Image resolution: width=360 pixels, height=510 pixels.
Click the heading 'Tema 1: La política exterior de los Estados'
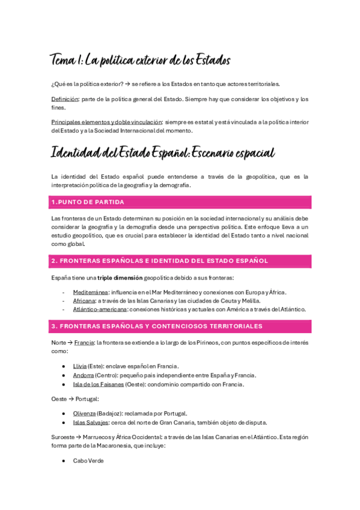tap(139, 60)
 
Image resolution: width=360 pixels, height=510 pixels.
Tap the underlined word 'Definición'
tap(65, 99)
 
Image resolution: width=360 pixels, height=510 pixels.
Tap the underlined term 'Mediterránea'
tap(91, 292)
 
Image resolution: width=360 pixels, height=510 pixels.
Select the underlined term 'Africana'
tap(84, 301)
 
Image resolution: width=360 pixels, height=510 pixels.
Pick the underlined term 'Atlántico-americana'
tap(100, 309)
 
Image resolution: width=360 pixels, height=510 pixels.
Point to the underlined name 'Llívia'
tap(80, 366)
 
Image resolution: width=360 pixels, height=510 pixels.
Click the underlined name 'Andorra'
tap(84, 375)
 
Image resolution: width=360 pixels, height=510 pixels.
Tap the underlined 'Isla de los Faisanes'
tap(99, 384)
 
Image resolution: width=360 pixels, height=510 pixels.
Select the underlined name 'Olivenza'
tap(84, 413)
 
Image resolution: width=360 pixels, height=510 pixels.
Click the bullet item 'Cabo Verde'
tap(88, 461)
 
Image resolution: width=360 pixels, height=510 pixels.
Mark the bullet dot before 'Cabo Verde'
tap(64, 461)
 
